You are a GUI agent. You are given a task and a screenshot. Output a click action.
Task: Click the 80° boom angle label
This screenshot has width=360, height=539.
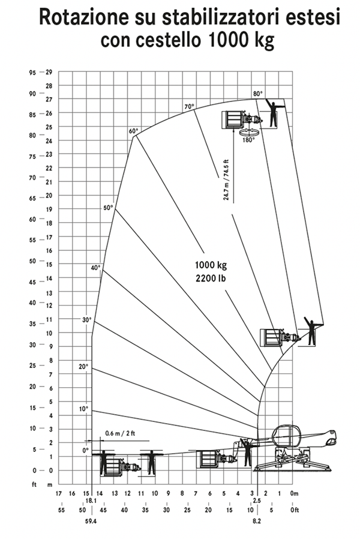tap(257, 94)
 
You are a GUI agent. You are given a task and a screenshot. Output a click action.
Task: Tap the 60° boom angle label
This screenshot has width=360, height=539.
tap(133, 131)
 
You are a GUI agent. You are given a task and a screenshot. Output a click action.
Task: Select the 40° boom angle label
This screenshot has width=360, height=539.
tap(95, 268)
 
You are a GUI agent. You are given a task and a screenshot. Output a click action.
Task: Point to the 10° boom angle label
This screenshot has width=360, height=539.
tap(83, 409)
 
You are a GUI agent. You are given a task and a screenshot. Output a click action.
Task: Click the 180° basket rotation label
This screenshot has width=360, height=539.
tap(249, 140)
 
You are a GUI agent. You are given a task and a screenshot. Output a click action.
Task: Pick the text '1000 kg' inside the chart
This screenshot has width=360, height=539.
tap(211, 265)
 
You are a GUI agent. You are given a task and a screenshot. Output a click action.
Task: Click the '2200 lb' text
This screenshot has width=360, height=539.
tap(211, 278)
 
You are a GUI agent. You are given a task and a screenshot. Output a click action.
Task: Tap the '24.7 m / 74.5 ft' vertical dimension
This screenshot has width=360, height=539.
tap(226, 180)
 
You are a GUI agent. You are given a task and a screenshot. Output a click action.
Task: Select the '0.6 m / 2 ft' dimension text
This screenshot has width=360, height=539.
tap(120, 433)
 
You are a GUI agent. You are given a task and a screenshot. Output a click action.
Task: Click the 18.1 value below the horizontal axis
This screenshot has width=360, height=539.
tap(91, 501)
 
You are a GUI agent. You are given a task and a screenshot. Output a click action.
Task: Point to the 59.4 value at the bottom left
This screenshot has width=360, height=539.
tap(91, 521)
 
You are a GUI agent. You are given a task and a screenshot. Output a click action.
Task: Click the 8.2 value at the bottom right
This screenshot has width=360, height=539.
tap(257, 521)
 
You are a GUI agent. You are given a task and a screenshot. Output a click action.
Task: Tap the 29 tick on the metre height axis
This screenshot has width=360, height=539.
tap(49, 72)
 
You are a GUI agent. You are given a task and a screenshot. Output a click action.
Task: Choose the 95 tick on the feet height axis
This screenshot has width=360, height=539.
tap(32, 73)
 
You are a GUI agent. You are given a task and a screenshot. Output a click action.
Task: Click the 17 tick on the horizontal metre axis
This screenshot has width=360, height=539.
tap(59, 493)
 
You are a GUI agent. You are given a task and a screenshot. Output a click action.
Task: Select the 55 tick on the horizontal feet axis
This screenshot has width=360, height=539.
tap(61, 510)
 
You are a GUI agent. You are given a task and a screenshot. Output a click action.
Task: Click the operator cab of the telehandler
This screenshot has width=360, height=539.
tap(286, 436)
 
